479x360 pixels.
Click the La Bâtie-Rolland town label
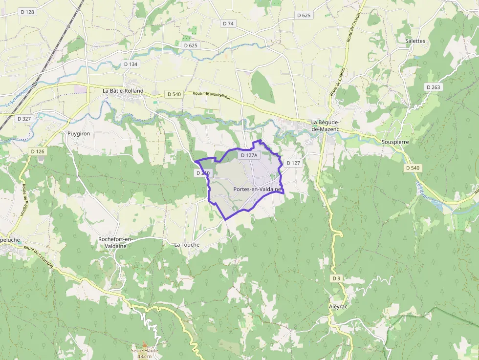(x=123, y=91)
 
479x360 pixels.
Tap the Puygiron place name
(x=78, y=133)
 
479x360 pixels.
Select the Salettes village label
(x=415, y=41)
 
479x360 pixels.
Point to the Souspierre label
(x=394, y=142)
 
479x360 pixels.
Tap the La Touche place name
(x=187, y=244)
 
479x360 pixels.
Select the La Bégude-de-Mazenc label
(x=325, y=126)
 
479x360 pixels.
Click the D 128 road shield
(x=27, y=11)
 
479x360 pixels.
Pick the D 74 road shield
(x=228, y=23)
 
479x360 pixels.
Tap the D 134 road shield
(x=131, y=64)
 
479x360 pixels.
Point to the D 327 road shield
(x=24, y=119)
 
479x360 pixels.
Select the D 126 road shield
(x=37, y=151)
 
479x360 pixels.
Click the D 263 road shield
(x=433, y=87)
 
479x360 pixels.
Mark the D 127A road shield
(x=248, y=155)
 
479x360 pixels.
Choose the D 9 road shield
(x=336, y=278)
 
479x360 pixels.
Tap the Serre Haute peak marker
(x=144, y=345)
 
